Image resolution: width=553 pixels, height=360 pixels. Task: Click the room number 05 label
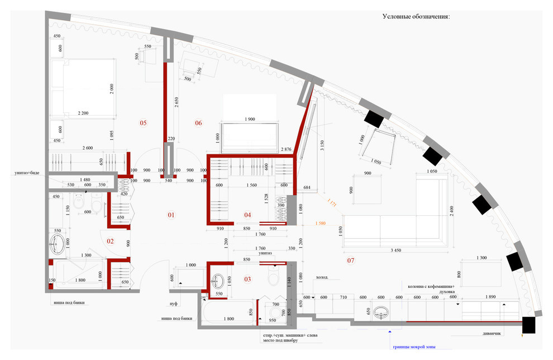click(143, 123)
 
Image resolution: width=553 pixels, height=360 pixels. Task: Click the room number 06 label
click(198, 123)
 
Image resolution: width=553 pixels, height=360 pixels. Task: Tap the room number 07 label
click(351, 260)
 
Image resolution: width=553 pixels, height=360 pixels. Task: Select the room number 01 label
click(171, 215)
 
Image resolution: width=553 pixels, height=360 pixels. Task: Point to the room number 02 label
click(111, 241)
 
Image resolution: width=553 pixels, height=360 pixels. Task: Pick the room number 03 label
click(248, 278)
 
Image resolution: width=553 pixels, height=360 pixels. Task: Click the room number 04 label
click(248, 215)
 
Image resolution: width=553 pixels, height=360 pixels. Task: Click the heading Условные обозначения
click(416, 17)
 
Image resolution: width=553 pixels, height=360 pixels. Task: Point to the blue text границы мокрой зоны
click(414, 347)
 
